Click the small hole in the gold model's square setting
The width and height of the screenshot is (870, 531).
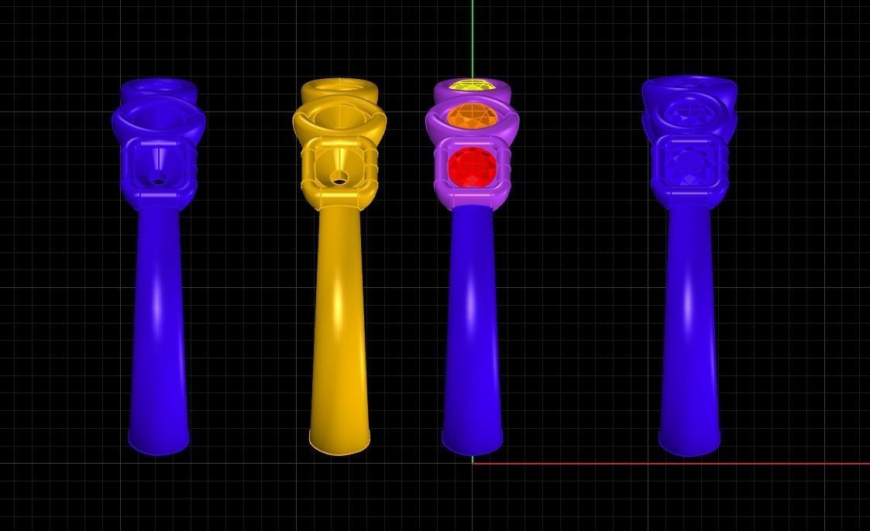coord(339,180)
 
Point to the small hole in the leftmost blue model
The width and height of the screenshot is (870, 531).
coord(159,181)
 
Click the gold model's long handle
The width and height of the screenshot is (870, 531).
coord(339,325)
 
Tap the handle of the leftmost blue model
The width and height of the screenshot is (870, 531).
coord(159,325)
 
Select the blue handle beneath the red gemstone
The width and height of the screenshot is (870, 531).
coord(472,325)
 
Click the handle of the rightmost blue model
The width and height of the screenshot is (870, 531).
coord(689,325)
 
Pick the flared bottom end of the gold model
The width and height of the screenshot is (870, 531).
coord(339,443)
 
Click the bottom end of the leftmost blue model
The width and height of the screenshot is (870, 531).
coord(159,443)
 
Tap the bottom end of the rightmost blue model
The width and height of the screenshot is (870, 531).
coord(689,443)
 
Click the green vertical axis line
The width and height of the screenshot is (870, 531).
coord(473,39)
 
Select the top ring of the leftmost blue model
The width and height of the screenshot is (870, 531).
coord(159,86)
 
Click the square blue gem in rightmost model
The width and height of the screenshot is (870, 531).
coord(689,164)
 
